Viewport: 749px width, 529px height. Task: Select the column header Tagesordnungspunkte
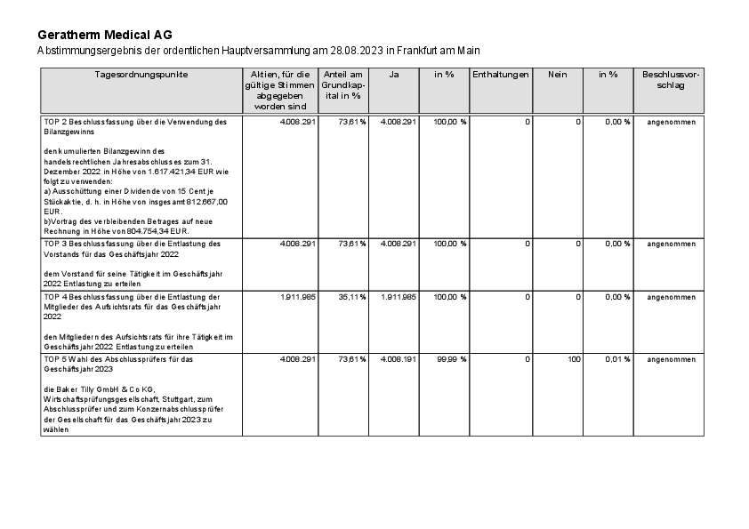coord(141,75)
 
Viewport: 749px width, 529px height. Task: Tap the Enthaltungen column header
coord(501,75)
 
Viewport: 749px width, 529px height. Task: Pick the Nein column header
coord(557,75)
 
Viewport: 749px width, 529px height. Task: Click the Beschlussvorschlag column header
coord(671,80)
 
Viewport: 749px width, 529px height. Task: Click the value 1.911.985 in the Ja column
coord(398,297)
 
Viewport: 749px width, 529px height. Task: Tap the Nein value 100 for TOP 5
coord(573,359)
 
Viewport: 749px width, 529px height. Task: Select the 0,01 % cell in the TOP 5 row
coord(616,359)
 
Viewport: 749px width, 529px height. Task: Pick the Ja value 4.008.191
coord(398,359)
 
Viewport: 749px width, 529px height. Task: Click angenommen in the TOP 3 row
coord(671,244)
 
